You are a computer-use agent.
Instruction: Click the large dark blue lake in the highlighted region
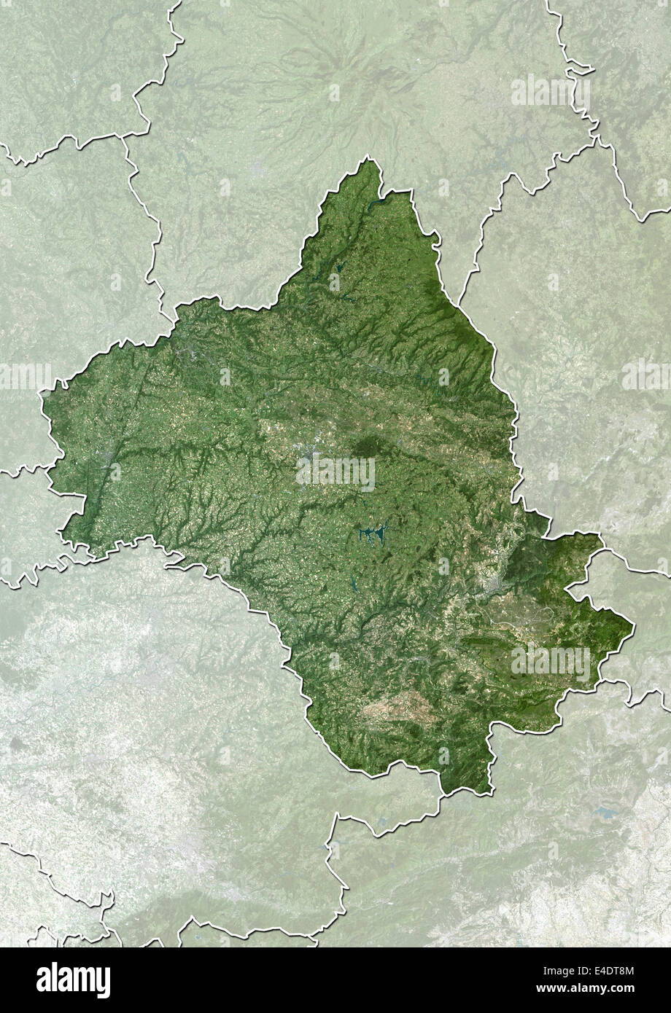point(373,536)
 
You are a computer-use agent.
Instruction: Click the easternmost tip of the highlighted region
point(632,625)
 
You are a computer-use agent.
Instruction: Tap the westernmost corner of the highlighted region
point(42,397)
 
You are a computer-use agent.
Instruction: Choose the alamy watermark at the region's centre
point(335,473)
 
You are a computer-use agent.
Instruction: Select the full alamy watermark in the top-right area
point(551,90)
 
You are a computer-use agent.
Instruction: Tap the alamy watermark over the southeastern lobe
point(551,662)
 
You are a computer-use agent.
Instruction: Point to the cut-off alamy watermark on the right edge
point(646,376)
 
